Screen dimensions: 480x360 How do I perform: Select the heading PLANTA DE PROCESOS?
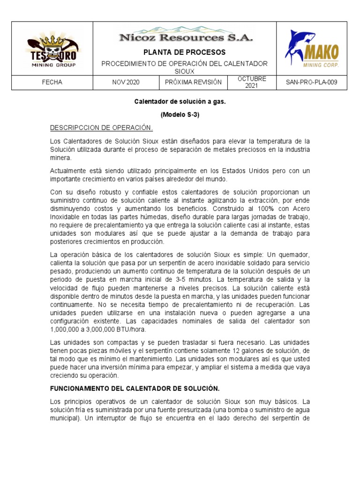(x=184, y=52)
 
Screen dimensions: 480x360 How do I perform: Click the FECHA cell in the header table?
(x=52, y=82)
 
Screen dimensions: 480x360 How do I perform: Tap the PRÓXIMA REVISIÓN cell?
(x=193, y=82)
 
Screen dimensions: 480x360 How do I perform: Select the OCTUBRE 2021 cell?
(x=252, y=82)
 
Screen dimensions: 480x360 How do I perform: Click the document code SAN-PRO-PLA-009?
(x=311, y=82)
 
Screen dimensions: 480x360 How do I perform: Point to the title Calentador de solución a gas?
(x=180, y=101)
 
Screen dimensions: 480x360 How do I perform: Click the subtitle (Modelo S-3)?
(x=180, y=114)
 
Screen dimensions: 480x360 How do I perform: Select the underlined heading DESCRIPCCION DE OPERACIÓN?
(x=102, y=128)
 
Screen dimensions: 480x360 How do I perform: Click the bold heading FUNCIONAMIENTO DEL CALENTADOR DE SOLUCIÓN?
(x=135, y=388)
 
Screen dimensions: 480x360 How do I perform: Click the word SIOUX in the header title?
(x=185, y=71)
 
